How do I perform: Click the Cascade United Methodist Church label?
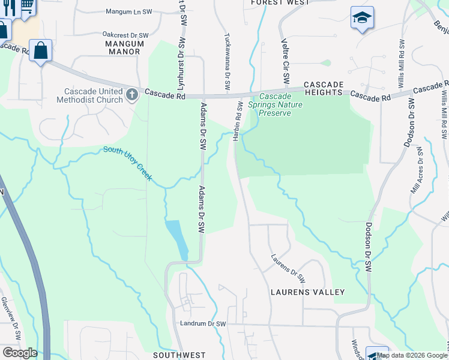point(93,95)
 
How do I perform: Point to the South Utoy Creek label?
point(128,164)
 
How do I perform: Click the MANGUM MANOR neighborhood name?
point(122,47)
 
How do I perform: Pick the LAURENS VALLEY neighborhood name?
point(307,292)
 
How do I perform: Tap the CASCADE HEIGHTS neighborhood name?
point(322,89)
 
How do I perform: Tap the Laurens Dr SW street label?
point(288,269)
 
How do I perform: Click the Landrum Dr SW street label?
point(203,324)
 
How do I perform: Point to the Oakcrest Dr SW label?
point(125,35)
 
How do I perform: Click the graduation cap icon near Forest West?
point(362,17)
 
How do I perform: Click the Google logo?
point(20,353)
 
